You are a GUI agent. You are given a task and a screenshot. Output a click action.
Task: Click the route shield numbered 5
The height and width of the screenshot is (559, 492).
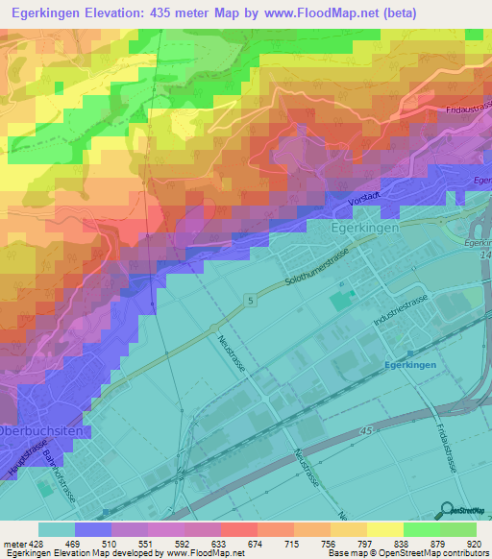coord(251,302)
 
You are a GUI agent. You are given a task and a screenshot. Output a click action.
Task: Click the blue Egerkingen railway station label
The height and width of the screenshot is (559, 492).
coord(410,365)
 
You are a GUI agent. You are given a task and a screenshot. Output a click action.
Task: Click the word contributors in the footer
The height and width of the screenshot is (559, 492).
coord(469,552)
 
